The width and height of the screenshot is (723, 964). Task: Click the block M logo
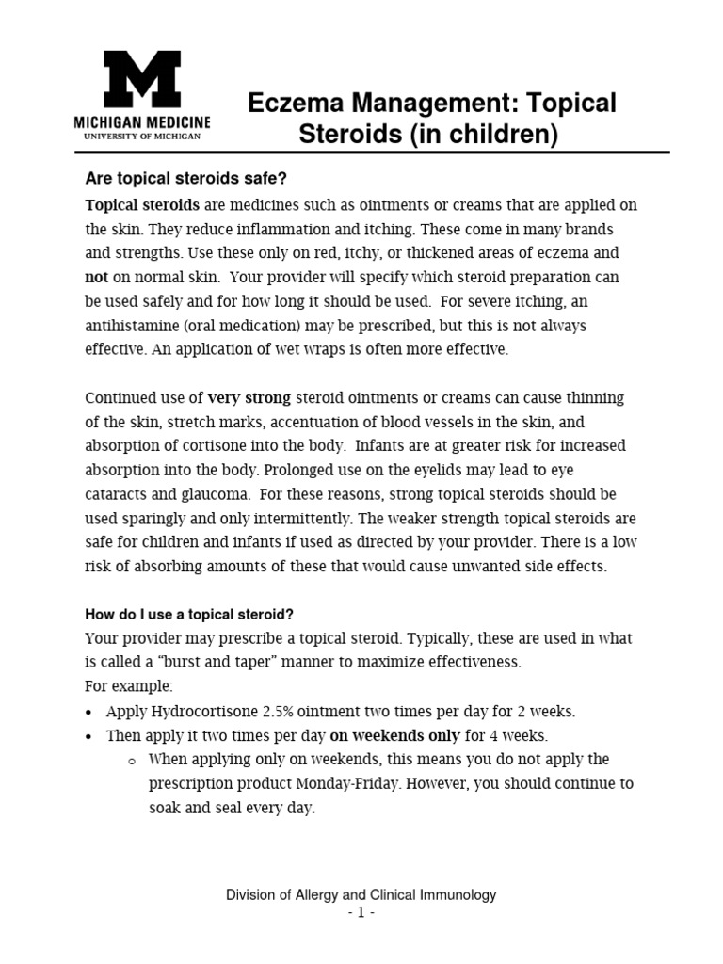pos(142,79)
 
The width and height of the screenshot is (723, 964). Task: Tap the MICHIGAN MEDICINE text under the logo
pos(142,123)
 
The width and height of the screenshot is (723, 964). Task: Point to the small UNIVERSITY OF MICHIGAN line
pos(142,137)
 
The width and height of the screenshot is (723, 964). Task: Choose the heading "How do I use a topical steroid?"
pos(189,614)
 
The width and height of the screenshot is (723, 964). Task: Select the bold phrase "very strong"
pos(249,397)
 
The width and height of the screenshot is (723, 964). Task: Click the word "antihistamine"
pos(130,326)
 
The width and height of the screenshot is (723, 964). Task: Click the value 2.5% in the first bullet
pos(252,711)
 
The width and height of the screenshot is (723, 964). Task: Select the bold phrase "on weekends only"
pos(394,735)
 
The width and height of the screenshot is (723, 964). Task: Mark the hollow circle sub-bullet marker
pos(131,761)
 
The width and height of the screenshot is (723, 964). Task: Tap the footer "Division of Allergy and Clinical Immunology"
pos(361,895)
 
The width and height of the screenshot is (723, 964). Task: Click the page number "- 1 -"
pos(361,913)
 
